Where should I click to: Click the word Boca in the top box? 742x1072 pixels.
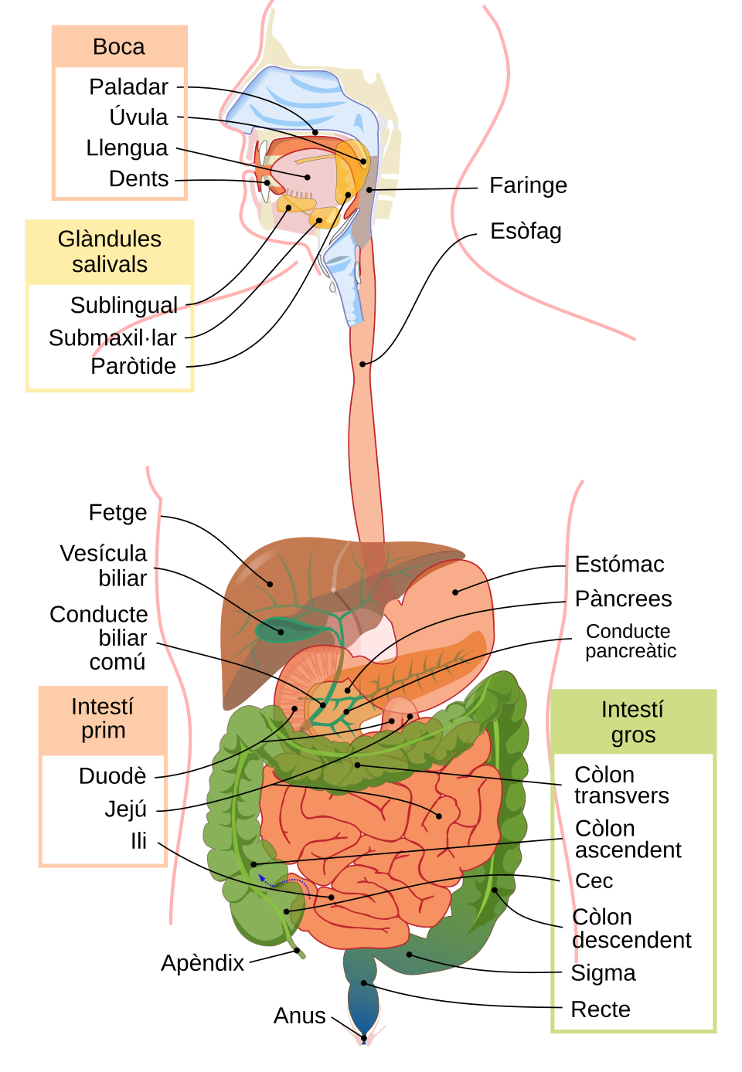118,47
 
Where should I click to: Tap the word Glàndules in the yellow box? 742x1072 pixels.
109,239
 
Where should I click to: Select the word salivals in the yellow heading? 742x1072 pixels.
109,264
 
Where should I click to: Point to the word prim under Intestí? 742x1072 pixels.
103,731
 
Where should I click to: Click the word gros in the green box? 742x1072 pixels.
633,735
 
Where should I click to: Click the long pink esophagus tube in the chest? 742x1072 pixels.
366,433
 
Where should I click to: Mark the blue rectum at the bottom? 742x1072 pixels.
363,1004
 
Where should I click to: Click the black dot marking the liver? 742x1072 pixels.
270,583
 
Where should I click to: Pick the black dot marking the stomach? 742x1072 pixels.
455,592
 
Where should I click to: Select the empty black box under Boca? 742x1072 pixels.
119,132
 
